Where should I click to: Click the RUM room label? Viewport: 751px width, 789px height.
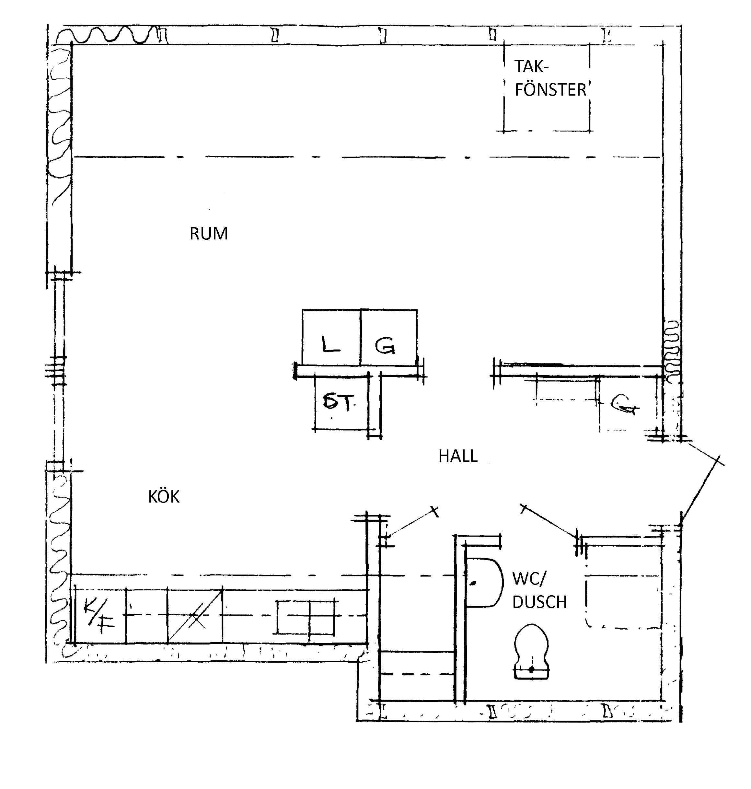pyautogui.click(x=209, y=233)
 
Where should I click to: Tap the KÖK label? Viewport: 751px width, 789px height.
pyautogui.click(x=164, y=496)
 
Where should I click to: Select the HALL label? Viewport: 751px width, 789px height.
pyautogui.click(x=458, y=456)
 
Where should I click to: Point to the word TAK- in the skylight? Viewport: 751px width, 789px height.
pyautogui.click(x=532, y=66)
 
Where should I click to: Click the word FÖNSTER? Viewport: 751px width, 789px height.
pyautogui.click(x=550, y=90)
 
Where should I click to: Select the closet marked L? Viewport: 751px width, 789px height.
pyautogui.click(x=331, y=337)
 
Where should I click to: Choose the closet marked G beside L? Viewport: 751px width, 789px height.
pyautogui.click(x=389, y=337)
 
